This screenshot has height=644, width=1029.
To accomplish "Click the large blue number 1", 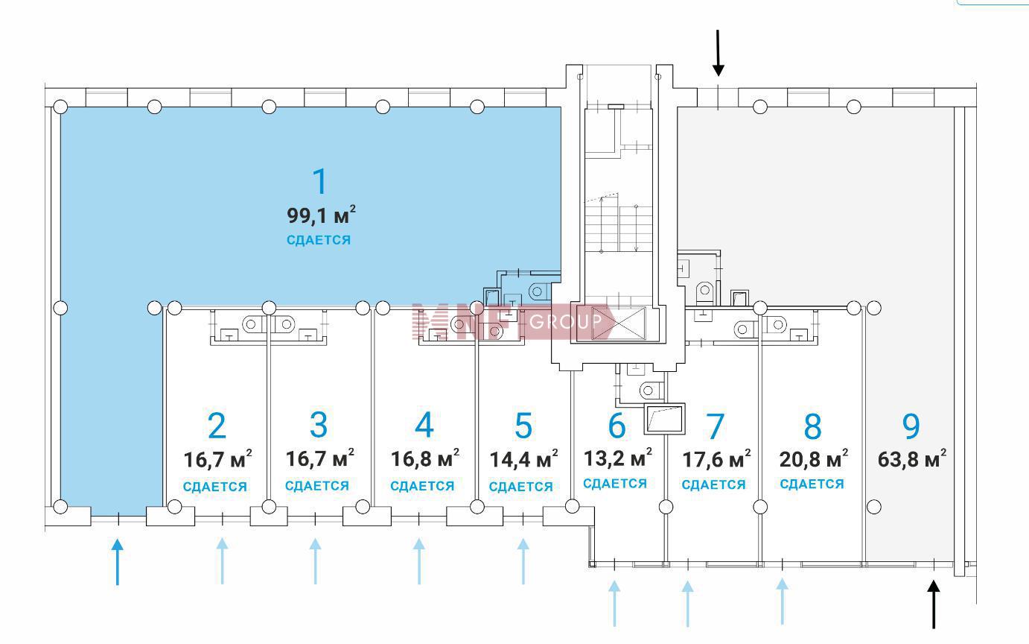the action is click(x=320, y=181).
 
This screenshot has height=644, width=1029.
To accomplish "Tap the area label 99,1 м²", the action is click(x=321, y=215).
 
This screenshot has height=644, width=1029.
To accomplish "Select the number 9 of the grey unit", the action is click(x=911, y=426).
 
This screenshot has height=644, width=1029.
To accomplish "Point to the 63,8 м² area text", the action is click(x=912, y=458).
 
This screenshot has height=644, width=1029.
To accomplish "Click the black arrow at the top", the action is click(x=718, y=53).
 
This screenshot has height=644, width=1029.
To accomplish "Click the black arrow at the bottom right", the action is click(x=933, y=604).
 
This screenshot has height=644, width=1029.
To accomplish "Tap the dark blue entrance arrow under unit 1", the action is click(x=118, y=562).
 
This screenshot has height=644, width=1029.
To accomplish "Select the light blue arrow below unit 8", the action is click(x=783, y=602).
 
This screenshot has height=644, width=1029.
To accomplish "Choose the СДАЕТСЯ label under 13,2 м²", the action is click(x=614, y=484).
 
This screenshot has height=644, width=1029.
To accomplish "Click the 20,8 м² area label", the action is click(x=814, y=458).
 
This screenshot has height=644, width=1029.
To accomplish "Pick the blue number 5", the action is click(x=523, y=426).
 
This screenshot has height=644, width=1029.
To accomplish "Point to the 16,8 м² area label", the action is click(x=425, y=458).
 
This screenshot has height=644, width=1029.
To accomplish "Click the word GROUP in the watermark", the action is click(x=565, y=321).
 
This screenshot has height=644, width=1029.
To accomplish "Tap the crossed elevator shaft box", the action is click(x=618, y=323).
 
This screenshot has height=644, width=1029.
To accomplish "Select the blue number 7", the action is click(x=715, y=426).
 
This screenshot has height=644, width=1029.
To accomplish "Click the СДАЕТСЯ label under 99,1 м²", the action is click(x=319, y=240).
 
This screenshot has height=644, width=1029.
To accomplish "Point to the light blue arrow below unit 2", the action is click(x=223, y=561).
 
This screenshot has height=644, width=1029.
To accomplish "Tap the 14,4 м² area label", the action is click(x=523, y=459).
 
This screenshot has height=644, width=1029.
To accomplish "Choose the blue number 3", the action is click(x=319, y=425).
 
